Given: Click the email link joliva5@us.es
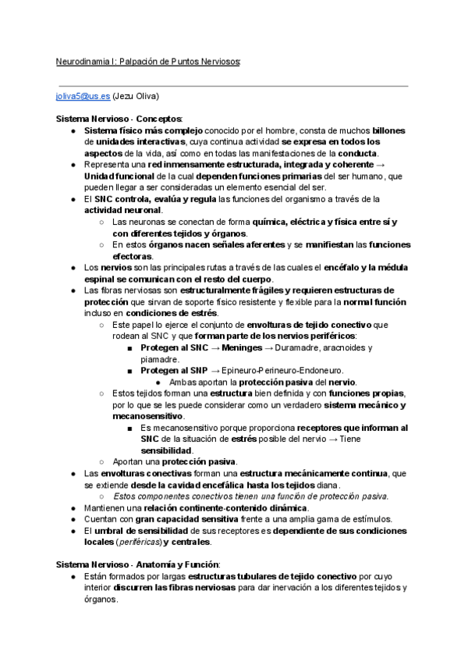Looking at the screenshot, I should pyautogui.click(x=83, y=96).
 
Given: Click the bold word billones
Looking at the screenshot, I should pyautogui.click(x=388, y=130).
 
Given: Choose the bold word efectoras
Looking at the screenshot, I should pyautogui.click(x=132, y=256).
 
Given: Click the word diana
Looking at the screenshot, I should pyautogui.click(x=327, y=484).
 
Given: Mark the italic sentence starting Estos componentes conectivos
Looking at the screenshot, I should pyautogui.click(x=251, y=496).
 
